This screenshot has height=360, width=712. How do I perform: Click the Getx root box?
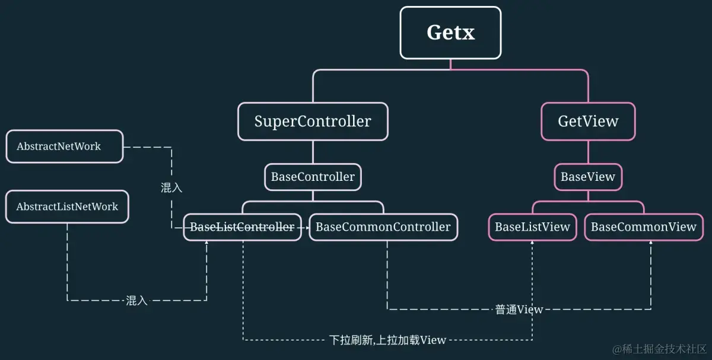coord(450,33)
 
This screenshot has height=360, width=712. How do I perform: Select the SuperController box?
coord(313,122)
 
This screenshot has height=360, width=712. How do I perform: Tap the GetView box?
coord(588,122)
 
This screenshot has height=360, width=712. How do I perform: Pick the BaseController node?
coord(313,177)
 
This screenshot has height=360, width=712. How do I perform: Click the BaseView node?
coord(588,177)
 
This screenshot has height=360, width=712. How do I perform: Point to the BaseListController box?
coord(242,227)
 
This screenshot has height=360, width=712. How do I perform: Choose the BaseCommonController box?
coord(383,227)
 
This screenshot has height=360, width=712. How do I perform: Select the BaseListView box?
coord(532,227)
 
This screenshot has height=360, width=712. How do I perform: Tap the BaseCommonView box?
coord(644,227)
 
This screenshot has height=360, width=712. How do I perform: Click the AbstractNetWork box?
coord(65,146)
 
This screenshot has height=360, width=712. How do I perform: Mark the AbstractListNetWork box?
coord(67,207)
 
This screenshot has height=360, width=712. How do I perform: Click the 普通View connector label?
coord(519,309)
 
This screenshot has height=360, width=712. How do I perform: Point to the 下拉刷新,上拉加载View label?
coord(387,340)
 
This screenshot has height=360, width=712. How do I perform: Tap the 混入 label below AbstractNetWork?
coord(171,188)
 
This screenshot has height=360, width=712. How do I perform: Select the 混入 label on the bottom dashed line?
coord(136,301)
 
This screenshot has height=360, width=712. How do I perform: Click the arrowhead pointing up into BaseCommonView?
coord(651,245)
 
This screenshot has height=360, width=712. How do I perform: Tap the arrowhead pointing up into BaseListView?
coord(532,245)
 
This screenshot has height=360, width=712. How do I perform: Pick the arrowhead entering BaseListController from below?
coord(206,244)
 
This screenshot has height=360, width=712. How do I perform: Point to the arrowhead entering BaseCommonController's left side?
coord(306,227)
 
